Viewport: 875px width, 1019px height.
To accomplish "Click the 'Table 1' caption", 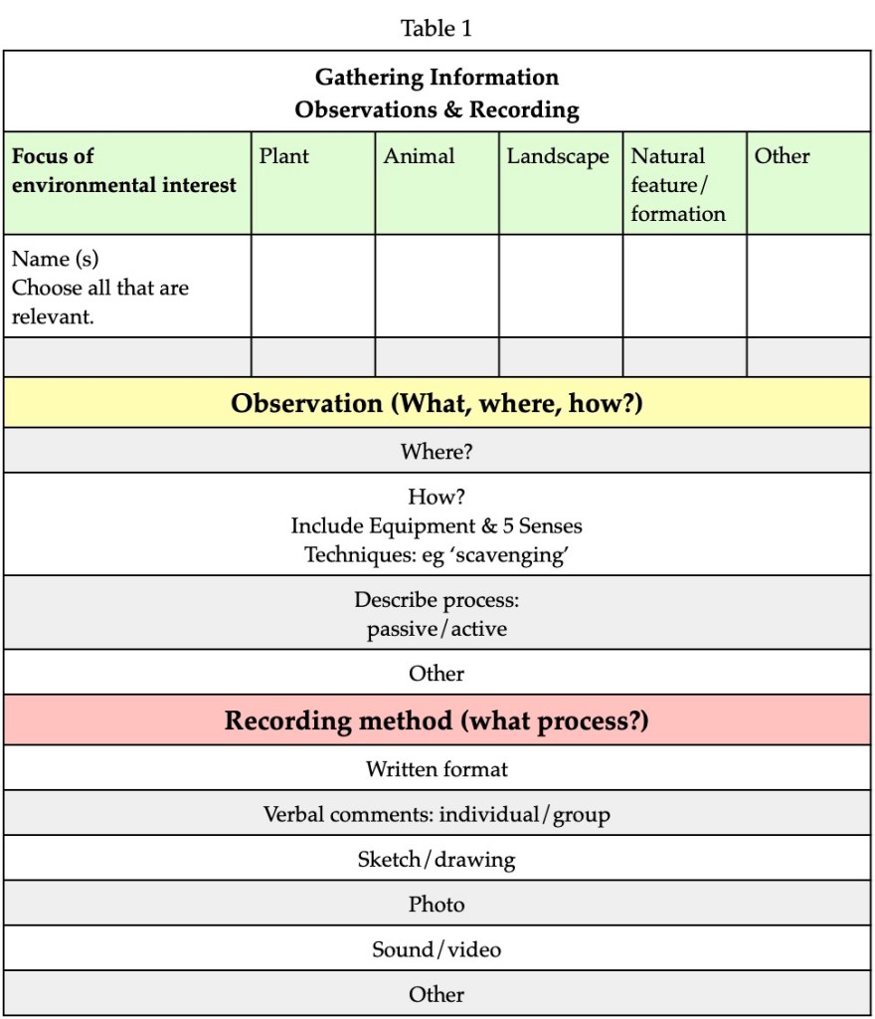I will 437,29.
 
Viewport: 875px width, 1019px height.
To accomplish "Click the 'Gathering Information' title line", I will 437,78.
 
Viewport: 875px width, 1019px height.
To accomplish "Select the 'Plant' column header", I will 284,156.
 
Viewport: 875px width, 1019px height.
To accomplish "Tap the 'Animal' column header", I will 419,156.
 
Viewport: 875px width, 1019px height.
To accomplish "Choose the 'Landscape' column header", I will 558,156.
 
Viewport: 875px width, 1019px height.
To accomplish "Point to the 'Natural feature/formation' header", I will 678,184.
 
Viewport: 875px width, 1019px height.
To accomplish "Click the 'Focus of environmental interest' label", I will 124,170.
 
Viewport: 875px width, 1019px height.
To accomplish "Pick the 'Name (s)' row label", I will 56,260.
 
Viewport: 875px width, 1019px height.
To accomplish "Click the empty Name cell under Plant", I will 312,286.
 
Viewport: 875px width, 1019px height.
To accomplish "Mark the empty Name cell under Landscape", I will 561,286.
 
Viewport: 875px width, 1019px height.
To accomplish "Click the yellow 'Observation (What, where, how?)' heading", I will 437,404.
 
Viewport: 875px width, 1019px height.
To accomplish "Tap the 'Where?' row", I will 437,451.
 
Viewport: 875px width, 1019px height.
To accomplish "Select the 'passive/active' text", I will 437,630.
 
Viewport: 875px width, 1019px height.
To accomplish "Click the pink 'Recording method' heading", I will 437,720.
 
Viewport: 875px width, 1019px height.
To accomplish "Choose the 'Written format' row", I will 437,768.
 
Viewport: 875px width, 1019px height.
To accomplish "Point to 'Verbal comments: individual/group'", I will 437,814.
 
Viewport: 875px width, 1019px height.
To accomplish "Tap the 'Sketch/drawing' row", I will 437,859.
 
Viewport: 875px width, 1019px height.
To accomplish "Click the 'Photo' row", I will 437,904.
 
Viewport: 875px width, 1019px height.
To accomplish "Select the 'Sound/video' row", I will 437,949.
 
